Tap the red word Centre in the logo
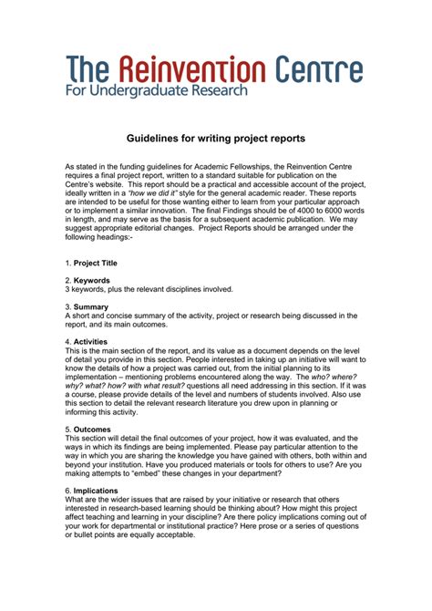[x=315, y=70]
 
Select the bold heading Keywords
[x=96, y=280]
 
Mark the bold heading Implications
[x=99, y=490]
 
